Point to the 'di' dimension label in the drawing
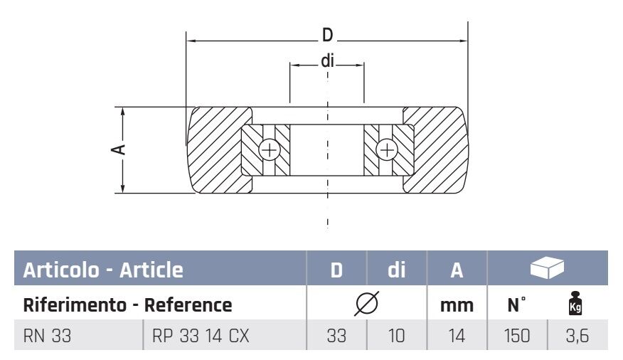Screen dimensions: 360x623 pyautogui.click(x=327, y=61)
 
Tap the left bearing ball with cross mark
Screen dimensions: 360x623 pyautogui.click(x=269, y=150)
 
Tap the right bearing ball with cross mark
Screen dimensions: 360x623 pyautogui.click(x=387, y=150)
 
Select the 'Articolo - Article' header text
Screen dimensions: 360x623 pyautogui.click(x=103, y=270)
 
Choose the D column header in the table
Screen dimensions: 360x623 pyautogui.click(x=336, y=270)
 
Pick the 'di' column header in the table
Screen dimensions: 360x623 pyautogui.click(x=396, y=270)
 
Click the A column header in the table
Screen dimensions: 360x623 pyautogui.click(x=457, y=270)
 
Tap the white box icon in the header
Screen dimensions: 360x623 pyautogui.click(x=547, y=268)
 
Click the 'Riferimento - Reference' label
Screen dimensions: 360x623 pyautogui.click(x=128, y=305)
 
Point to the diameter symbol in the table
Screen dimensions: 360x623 pyautogui.click(x=366, y=305)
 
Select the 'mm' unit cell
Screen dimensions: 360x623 pyautogui.click(x=457, y=305)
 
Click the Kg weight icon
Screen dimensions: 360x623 pyautogui.click(x=577, y=305)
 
